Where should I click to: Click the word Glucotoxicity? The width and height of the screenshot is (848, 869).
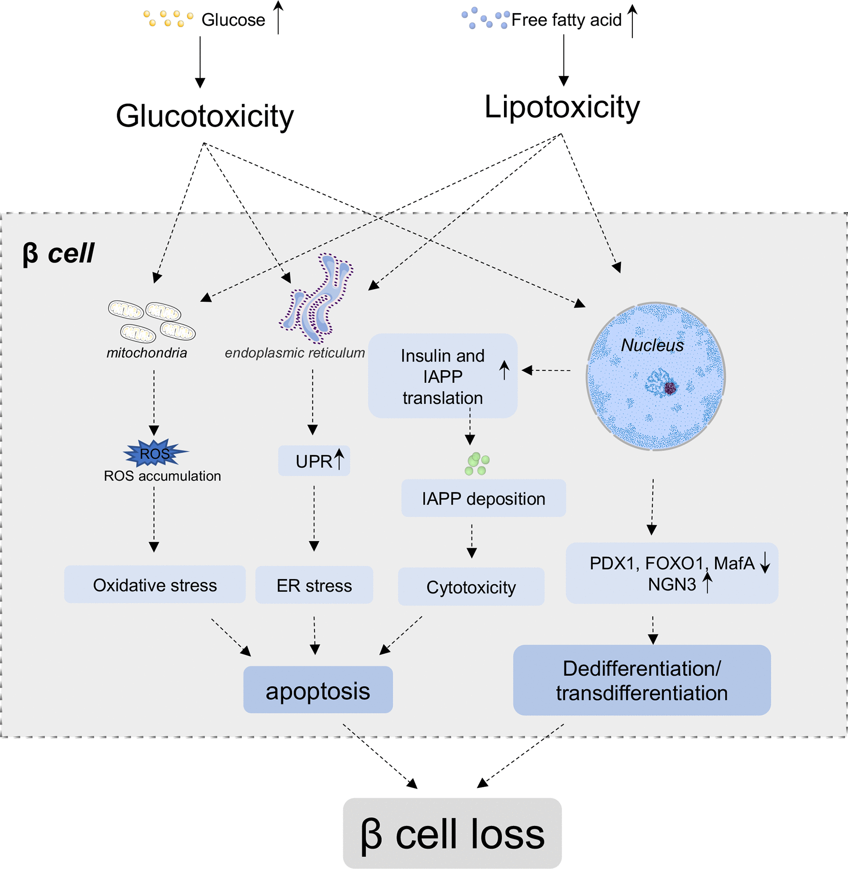(x=205, y=116)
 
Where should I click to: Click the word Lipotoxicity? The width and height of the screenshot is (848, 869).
(x=561, y=107)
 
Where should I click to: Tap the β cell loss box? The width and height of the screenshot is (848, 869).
(x=452, y=834)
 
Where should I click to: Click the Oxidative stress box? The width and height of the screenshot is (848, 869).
(x=154, y=585)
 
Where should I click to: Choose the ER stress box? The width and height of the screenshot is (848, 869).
(x=314, y=586)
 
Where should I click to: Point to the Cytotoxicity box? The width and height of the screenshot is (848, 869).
(x=471, y=587)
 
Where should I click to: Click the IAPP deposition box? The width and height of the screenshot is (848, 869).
(x=483, y=499)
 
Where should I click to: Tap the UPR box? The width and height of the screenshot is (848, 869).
(x=314, y=461)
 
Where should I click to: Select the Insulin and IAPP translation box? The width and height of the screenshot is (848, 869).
(x=442, y=376)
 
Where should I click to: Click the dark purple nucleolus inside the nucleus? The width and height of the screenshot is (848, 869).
(x=670, y=388)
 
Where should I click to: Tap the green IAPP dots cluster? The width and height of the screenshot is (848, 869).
(x=477, y=464)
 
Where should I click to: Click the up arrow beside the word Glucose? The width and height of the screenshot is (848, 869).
(x=278, y=18)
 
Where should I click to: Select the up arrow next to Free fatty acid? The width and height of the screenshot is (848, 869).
(x=632, y=20)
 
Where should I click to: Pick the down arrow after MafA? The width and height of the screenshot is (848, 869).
(x=765, y=563)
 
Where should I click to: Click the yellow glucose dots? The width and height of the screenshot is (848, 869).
(x=168, y=19)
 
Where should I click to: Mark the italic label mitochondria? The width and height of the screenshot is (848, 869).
(x=147, y=353)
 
